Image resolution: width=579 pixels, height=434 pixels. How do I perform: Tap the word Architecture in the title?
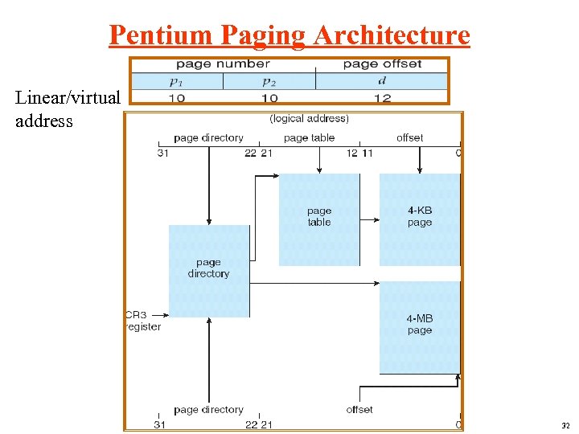(x=392, y=35)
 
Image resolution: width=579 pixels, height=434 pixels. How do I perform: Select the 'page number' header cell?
(x=223, y=64)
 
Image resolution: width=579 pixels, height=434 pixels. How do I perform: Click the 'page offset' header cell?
(x=382, y=64)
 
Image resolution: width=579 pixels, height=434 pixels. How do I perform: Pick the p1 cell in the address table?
(x=176, y=81)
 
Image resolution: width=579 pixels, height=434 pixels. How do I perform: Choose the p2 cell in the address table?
(x=269, y=81)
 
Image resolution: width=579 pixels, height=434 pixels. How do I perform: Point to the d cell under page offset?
(x=381, y=81)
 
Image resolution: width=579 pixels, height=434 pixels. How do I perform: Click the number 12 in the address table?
(x=382, y=98)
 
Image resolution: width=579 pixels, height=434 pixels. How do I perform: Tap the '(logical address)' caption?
(x=310, y=119)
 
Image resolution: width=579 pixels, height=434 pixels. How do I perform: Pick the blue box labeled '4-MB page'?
(x=419, y=326)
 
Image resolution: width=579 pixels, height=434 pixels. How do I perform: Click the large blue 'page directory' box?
(x=208, y=270)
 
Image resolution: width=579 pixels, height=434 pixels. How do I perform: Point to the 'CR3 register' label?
(x=143, y=321)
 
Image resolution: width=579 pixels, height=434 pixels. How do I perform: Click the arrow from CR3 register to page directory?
(x=159, y=315)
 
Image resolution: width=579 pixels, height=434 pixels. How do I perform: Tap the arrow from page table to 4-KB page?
(x=369, y=218)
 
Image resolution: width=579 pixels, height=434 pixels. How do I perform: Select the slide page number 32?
(x=566, y=424)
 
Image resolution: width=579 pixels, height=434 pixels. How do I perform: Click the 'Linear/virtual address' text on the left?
(x=68, y=109)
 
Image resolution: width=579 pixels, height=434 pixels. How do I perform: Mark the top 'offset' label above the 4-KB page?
(x=409, y=137)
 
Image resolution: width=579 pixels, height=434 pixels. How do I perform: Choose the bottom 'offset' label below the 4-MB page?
(x=359, y=409)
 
